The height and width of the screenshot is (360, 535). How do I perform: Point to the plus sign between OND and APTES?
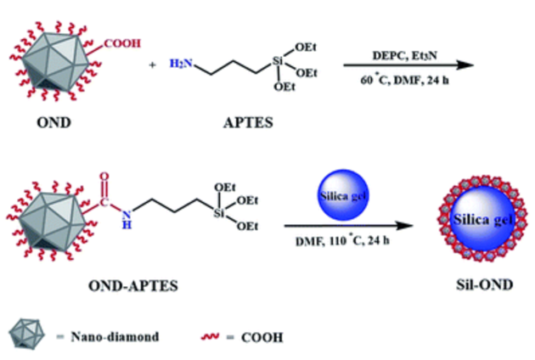point(153,64)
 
